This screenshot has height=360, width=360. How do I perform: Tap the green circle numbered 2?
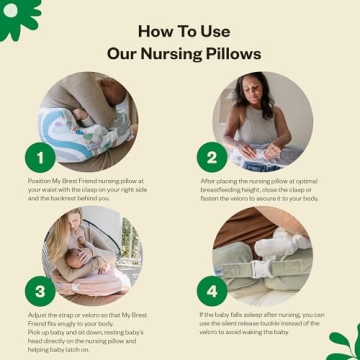coord(212,158)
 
